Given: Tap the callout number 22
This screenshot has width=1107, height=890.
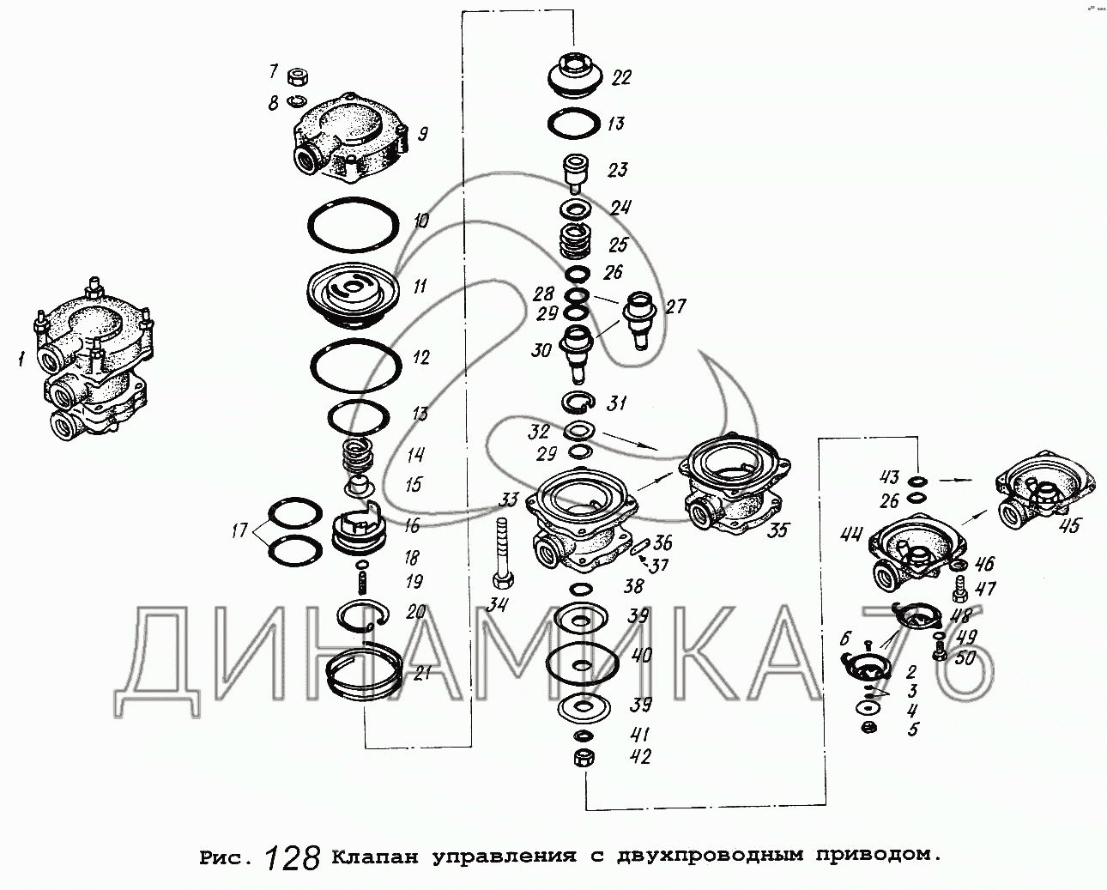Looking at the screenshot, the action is (x=621, y=78).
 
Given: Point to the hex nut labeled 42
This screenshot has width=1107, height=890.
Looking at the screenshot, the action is (x=584, y=759).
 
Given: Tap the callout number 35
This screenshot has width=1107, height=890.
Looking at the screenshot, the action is (x=777, y=530).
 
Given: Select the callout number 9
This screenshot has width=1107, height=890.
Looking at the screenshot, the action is (x=422, y=135).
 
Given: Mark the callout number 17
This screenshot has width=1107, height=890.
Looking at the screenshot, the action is (x=239, y=530).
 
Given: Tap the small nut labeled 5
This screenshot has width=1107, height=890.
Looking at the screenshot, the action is (x=869, y=728).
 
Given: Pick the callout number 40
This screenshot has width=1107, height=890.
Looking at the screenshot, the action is (x=642, y=656).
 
